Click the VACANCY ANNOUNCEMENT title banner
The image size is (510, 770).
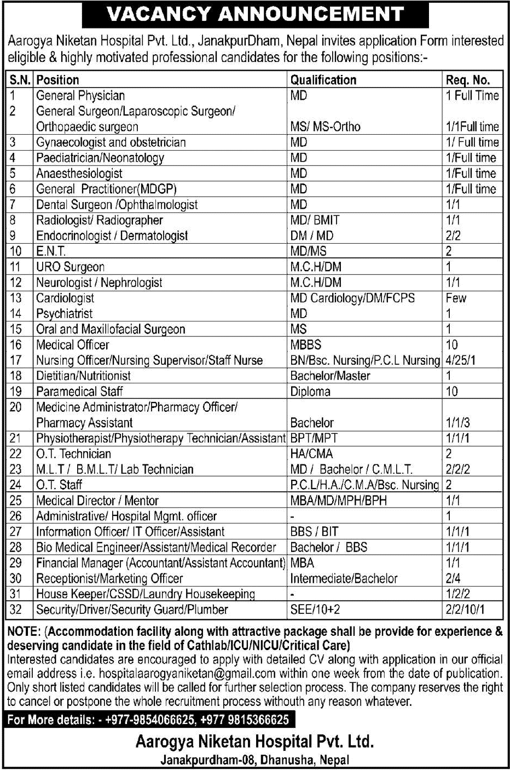255,14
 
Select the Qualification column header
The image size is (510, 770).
323,80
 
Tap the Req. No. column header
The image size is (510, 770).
467,80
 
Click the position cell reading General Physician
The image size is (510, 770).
80,96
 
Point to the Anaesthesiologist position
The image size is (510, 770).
79,174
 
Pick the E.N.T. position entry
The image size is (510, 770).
51,251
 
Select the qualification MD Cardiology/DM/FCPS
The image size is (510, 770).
352,298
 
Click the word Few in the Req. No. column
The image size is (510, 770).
456,298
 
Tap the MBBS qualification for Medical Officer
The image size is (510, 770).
306,345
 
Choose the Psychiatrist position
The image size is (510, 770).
65,314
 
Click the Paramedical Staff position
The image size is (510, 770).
79,392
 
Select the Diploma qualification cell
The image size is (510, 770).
310,392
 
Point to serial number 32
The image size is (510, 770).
16,610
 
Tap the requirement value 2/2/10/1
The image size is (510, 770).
466,610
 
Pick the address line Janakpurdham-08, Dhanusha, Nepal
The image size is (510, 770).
254,760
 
